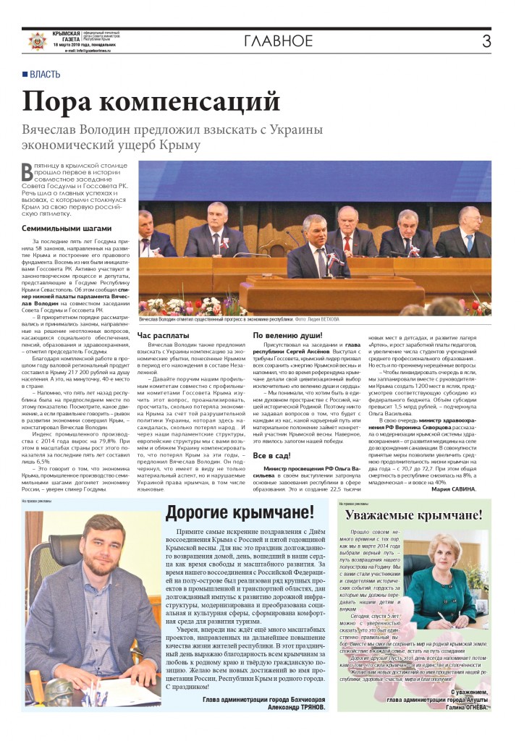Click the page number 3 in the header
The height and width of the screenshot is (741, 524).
(486, 40)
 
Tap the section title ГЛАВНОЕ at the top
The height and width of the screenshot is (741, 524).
(278, 40)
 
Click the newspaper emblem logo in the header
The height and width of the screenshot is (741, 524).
(34, 41)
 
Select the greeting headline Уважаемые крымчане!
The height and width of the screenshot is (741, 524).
(414, 515)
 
